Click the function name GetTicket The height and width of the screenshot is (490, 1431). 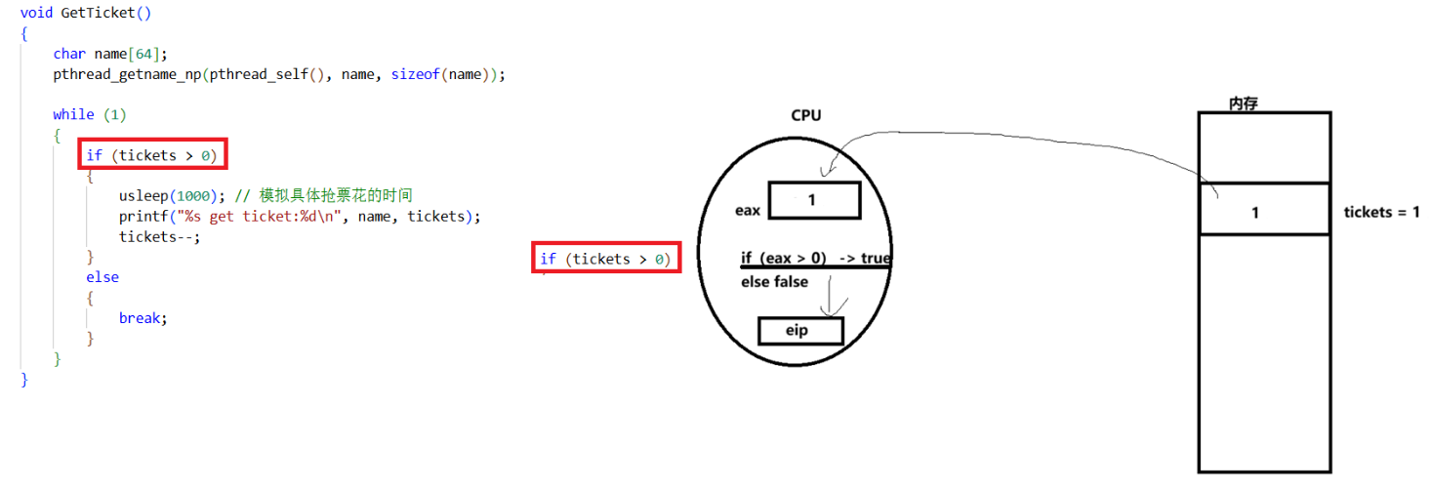pos(98,13)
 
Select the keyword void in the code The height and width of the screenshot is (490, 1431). pos(36,13)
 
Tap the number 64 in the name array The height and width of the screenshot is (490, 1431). pos(143,54)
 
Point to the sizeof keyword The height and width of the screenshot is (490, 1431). pos(415,74)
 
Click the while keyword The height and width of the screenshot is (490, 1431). pos(73,114)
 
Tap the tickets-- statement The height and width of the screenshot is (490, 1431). pos(160,237)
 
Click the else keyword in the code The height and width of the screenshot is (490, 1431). pos(102,277)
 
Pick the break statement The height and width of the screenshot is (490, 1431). pos(143,318)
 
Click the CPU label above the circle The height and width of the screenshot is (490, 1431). pos(806,115)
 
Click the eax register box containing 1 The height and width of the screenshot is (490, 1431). pos(814,201)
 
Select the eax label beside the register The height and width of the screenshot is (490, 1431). pos(748,210)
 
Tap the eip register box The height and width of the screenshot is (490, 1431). pos(800,331)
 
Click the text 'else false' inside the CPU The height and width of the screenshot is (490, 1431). pos(774,282)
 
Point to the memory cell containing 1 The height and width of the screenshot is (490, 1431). pos(1264,209)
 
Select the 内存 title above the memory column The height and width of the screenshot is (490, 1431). pos(1244,103)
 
